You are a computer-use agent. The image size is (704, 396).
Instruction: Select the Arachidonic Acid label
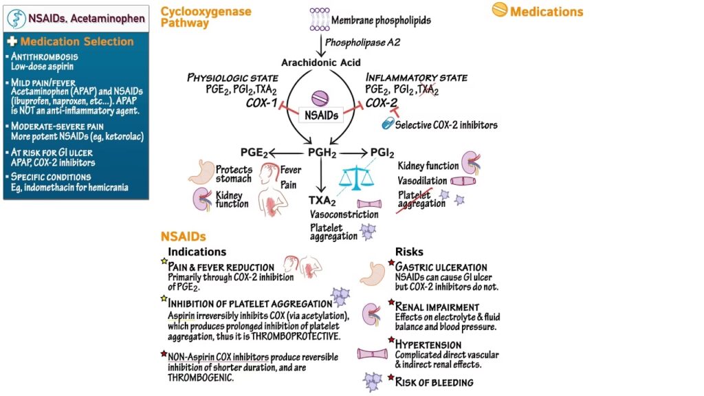tap(318, 63)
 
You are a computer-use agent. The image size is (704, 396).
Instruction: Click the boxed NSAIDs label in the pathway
tap(318, 116)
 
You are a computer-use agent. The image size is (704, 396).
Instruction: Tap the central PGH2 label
tap(319, 153)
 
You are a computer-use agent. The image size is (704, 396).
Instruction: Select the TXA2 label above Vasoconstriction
tap(322, 201)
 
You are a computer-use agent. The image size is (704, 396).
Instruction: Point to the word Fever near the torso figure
tap(291, 170)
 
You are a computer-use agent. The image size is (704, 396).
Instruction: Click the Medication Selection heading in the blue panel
tap(77, 41)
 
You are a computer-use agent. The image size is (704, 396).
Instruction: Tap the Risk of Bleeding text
tap(434, 382)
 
